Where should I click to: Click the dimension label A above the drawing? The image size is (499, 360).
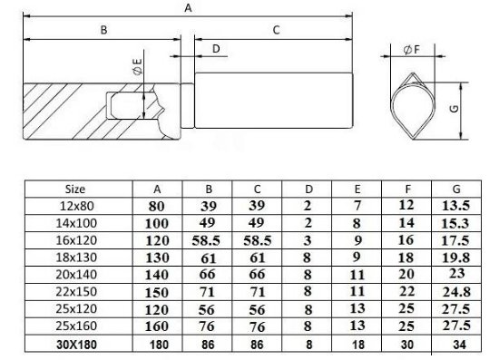point(189,8)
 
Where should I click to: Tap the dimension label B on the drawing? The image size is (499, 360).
point(103,30)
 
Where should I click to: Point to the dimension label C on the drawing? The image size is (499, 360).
point(276,30)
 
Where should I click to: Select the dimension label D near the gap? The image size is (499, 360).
point(216,49)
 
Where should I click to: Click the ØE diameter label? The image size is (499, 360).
point(138,67)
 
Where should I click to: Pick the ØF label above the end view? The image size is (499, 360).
point(412,50)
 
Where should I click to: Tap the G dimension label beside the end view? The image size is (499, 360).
point(455,109)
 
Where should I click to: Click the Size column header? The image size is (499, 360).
point(75,190)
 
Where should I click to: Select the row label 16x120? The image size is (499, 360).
point(76,240)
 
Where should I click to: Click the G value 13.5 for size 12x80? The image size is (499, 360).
point(455,206)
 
